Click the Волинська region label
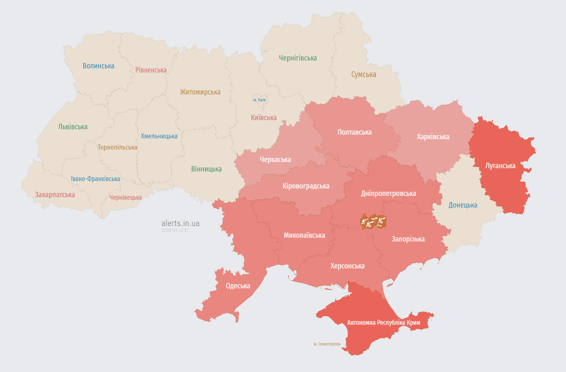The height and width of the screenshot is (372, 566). click(x=98, y=66)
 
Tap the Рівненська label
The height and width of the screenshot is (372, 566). click(x=151, y=70)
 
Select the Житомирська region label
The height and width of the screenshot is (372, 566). click(x=200, y=92)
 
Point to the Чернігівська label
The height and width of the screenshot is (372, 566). click(x=298, y=58)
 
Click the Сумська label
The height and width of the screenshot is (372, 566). click(x=363, y=75)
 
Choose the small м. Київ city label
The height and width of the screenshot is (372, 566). click(x=260, y=100)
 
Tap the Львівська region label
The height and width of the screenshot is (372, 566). click(x=73, y=127)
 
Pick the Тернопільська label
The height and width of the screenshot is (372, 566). click(x=117, y=147)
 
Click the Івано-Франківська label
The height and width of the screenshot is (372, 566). click(x=96, y=179)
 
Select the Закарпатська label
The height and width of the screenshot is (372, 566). click(x=55, y=195)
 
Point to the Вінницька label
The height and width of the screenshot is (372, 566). click(x=206, y=169)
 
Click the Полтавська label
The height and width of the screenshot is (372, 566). click(x=354, y=132)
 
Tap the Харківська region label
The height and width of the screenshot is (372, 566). click(x=433, y=137)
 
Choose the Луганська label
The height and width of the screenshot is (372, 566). click(x=500, y=166)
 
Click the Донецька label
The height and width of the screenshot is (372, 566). click(x=463, y=205)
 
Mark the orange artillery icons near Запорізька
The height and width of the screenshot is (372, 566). click(x=373, y=222)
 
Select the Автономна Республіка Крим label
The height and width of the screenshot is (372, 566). click(x=383, y=322)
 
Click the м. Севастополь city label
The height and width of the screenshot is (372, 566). click(x=327, y=344)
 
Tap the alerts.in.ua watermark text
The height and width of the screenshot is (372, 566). click(x=180, y=223)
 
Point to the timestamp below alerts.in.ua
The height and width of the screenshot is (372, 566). click(x=175, y=230)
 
